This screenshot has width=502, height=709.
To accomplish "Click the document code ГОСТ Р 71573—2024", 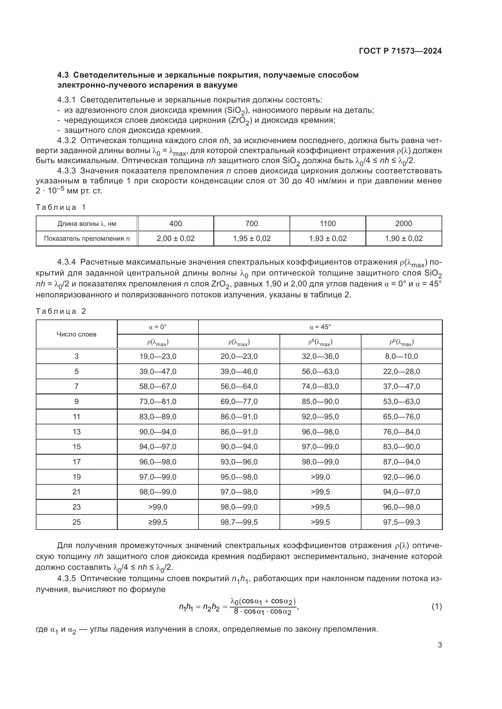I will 400,51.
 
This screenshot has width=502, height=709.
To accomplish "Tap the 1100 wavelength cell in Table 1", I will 327,224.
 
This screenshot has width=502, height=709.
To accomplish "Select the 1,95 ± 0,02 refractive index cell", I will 251,238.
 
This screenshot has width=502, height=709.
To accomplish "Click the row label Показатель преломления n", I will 86,238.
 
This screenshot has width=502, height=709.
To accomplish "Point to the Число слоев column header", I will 76,334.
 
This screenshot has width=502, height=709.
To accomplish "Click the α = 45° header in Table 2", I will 320,327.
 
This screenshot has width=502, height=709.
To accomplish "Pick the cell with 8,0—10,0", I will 401,356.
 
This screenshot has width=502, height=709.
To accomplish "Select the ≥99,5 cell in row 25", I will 158,522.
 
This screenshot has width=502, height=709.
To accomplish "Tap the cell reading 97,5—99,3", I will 401,522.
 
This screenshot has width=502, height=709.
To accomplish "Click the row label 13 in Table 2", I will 76,432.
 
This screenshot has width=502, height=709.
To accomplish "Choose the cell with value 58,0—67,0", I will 158,386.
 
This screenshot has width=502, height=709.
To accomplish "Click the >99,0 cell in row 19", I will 320,477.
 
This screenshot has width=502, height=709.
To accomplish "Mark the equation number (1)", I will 436,607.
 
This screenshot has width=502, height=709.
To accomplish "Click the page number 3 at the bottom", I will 439,645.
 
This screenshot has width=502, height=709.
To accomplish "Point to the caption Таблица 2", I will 61,311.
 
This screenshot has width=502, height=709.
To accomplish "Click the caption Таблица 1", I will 61,207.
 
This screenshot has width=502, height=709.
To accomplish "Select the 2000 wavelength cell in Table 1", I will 403,224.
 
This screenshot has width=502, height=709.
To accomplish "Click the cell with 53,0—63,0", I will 401,401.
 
